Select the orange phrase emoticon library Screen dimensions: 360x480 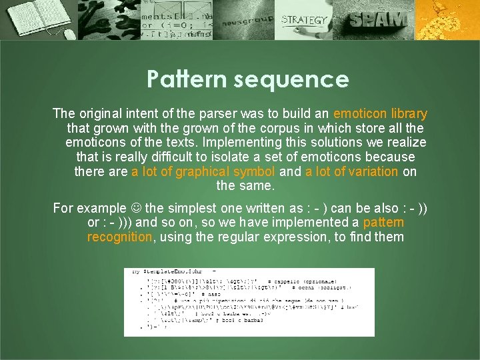point(380,114)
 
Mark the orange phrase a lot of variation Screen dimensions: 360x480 point(351,172)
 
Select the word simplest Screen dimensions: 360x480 point(193,208)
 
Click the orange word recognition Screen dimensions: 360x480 point(119,237)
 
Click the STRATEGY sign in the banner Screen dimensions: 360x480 point(304,20)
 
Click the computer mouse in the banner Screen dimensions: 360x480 point(69,33)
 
